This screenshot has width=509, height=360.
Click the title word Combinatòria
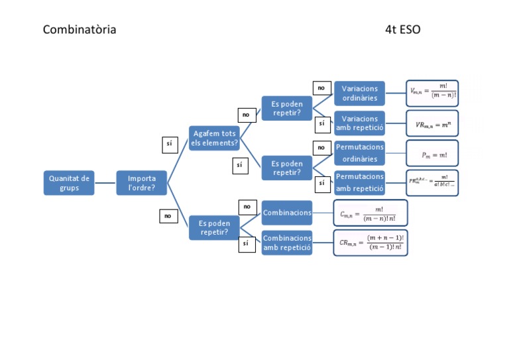point(80,30)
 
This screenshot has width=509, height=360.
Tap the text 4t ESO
point(402,30)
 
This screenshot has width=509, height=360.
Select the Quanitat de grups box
point(69,183)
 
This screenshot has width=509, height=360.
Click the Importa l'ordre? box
point(142,183)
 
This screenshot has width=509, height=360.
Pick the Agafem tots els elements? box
point(214,139)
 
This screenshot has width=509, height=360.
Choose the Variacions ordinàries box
point(360,93)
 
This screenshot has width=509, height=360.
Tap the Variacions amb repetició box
point(360,123)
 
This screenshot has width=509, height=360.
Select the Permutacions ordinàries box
point(360,153)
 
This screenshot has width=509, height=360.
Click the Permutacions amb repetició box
point(360,182)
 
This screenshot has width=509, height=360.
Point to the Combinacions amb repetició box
point(287,243)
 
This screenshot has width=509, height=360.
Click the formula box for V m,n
point(432,93)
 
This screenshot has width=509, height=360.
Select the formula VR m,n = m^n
point(432,124)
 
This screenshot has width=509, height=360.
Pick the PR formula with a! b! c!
point(432,182)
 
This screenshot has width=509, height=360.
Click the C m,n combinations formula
point(370,213)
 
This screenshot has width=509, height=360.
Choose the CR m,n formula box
point(370,243)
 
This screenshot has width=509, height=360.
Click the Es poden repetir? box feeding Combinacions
point(214,228)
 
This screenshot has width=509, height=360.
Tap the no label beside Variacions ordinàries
point(321,88)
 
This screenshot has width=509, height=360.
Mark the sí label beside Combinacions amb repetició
point(246,244)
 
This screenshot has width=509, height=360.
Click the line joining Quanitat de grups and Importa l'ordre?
point(105,183)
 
